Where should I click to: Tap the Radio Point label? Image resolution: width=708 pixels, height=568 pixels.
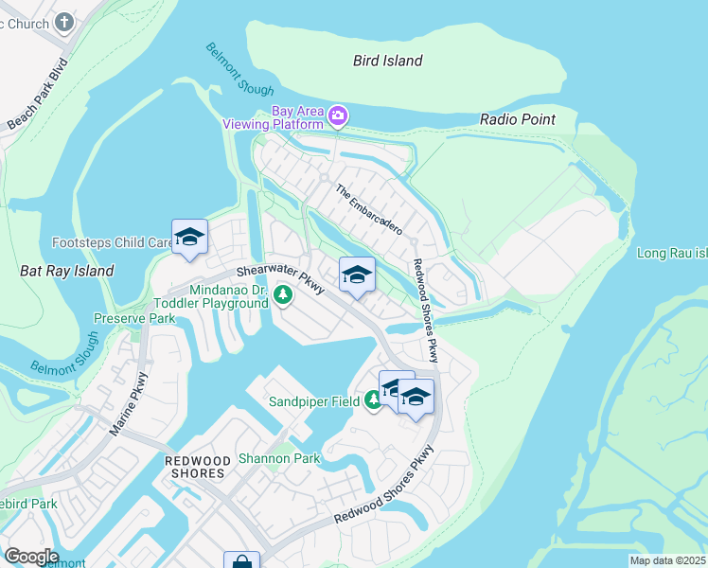click(517, 119)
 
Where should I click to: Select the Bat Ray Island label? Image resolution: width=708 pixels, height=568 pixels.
click(66, 271)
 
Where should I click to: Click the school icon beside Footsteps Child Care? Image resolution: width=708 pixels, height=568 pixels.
click(189, 238)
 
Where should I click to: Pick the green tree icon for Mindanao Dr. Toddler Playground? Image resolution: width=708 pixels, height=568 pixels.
click(282, 296)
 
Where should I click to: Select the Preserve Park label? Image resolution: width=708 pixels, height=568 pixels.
click(133, 319)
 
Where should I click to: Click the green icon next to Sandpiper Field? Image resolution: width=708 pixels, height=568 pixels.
click(373, 401)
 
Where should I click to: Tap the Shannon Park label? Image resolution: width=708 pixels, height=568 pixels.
click(279, 459)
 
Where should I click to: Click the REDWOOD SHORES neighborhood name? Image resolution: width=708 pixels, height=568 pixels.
click(196, 467)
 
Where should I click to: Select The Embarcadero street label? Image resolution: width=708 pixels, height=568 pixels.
click(369, 209)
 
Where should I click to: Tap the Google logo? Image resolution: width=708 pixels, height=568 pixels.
click(30, 557)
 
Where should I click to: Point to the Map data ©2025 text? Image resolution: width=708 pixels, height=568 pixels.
click(667, 560)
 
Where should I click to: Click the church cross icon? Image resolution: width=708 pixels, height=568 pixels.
click(64, 21)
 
